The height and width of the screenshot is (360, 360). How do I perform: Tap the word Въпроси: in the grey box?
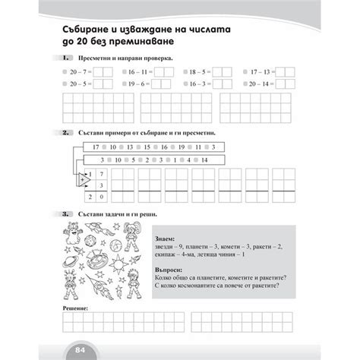pyautogui.click(x=166, y=267)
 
